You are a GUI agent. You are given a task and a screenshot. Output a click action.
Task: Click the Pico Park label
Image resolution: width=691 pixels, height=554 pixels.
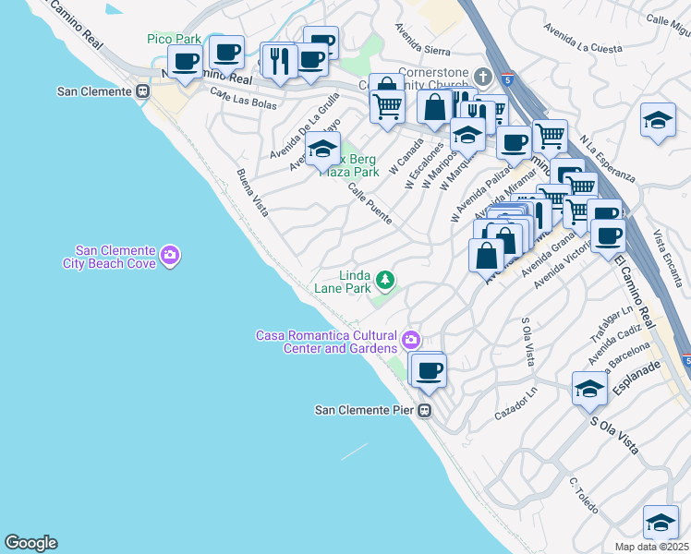(174, 39)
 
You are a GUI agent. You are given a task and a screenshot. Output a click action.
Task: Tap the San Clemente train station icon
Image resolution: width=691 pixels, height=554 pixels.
(143, 91)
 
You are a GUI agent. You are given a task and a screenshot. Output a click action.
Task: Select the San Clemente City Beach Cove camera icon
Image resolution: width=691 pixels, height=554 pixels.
(169, 256)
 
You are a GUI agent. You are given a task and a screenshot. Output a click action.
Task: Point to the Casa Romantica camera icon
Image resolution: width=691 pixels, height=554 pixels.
(411, 341)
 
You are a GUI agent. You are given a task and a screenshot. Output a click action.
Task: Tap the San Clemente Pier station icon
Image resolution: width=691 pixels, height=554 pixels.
(425, 410)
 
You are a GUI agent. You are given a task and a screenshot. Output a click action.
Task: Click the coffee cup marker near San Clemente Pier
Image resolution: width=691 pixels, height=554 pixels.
(428, 371)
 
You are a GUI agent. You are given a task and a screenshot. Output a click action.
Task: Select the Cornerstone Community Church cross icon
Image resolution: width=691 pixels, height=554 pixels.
(481, 74)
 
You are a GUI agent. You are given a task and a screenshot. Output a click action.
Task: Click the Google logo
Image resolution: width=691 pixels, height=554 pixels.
(30, 543)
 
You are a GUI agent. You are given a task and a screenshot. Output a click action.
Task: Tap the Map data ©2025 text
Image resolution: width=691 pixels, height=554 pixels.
(651, 547)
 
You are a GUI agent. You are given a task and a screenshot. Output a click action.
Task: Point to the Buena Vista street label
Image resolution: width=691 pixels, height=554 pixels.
(251, 193)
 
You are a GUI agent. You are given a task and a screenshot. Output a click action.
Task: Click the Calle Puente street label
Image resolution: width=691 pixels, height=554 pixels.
(370, 204)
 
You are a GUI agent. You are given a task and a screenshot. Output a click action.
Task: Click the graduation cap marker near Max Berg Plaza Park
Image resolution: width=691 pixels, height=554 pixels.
(322, 149)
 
